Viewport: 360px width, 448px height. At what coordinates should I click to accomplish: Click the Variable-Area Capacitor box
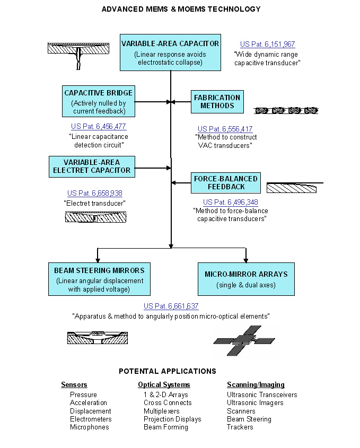[x=170, y=53]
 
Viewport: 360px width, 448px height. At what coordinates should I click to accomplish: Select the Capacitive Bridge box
[x=98, y=101]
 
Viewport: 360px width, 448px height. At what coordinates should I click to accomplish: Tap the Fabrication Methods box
[x=217, y=101]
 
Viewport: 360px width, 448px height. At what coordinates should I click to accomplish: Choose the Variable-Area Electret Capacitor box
[x=92, y=166]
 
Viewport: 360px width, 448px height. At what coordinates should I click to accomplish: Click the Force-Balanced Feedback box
[x=226, y=183]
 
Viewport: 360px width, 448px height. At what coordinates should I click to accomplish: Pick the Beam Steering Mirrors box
[x=99, y=278]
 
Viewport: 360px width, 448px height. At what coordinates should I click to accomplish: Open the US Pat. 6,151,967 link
[x=267, y=45]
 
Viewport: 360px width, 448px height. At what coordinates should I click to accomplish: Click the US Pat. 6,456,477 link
[x=99, y=127]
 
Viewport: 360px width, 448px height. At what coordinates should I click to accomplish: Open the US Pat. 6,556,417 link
[x=225, y=129]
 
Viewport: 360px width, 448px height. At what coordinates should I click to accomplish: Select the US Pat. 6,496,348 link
[x=230, y=202]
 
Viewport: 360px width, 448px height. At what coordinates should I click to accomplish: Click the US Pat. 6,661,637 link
[x=171, y=306]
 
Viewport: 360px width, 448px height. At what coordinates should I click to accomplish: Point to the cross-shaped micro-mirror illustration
[x=244, y=339]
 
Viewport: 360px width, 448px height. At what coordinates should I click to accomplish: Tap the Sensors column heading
[x=74, y=385]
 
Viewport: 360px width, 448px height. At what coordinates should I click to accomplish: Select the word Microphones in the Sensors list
[x=90, y=427]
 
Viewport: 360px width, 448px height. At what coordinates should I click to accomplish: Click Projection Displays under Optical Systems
[x=172, y=419]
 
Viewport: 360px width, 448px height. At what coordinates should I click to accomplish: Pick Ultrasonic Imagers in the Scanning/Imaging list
[x=255, y=403]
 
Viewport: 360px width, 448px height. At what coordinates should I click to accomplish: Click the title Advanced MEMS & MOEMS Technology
[x=181, y=9]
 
